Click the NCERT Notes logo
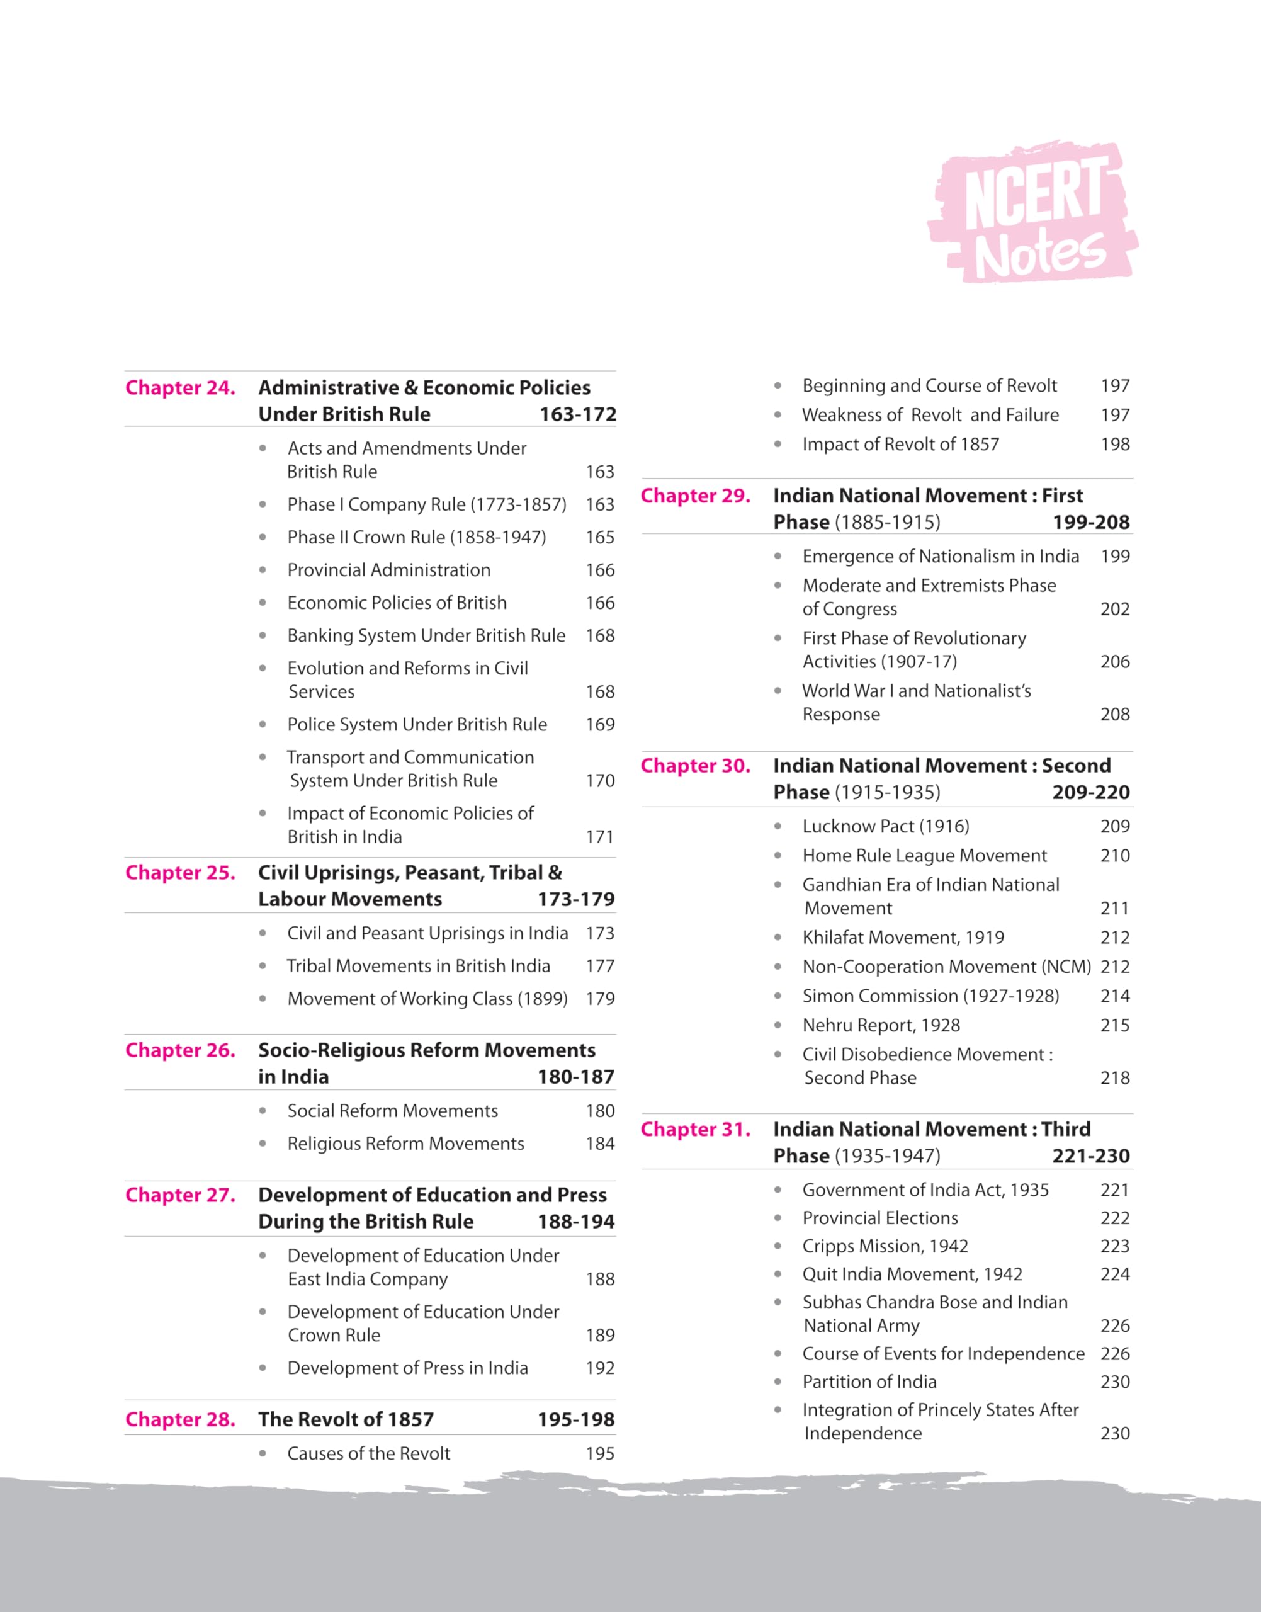(x=1032, y=213)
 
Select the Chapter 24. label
(x=180, y=388)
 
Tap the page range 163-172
(x=577, y=414)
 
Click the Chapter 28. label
(x=180, y=1419)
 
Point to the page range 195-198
(x=576, y=1419)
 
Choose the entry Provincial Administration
(x=388, y=570)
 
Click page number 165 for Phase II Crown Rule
(x=599, y=538)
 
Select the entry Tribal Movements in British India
(x=418, y=966)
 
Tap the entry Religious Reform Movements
(x=405, y=1144)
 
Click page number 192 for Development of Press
(x=599, y=1368)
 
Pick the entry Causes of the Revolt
(x=368, y=1454)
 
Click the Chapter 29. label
(x=696, y=496)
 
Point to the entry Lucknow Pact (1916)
(x=885, y=826)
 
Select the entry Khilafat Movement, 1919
(x=903, y=938)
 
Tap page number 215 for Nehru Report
(x=1115, y=1026)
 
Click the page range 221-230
(x=1090, y=1155)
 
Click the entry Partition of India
(x=869, y=1382)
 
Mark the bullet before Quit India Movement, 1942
(x=778, y=1274)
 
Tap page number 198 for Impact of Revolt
(x=1115, y=445)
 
